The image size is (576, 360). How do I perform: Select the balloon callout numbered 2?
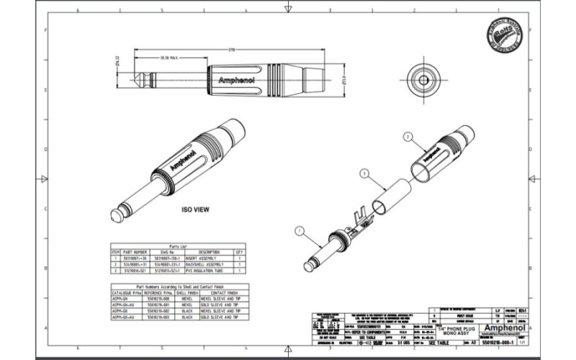pyautogui.click(x=408, y=135)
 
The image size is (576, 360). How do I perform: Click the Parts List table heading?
pyautogui.click(x=178, y=245)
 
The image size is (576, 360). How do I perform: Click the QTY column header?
pyautogui.click(x=239, y=251)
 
